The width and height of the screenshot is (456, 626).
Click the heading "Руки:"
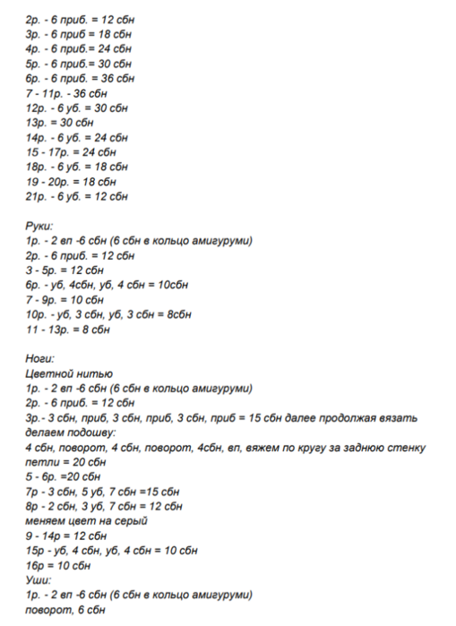[39, 227]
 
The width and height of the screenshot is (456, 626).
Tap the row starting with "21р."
[77, 195]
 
